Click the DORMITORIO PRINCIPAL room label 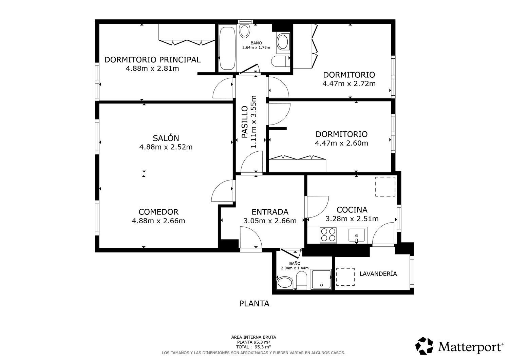click(152, 60)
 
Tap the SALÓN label click(166, 138)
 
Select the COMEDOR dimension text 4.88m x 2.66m click(158, 221)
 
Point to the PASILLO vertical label click(245, 122)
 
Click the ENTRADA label click(270, 212)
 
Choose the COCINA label click(352, 210)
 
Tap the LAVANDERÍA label click(378, 273)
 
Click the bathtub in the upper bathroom click(227, 49)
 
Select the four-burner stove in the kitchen click(328, 235)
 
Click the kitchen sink click(357, 235)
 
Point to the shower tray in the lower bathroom click(321, 279)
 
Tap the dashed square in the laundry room click(345, 277)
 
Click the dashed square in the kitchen click(385, 187)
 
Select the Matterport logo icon click(424, 346)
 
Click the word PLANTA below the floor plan click(254, 304)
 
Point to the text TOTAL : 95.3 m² click(253, 347)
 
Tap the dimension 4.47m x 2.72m click(349, 83)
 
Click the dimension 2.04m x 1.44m click(295, 268)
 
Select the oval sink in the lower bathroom click(285, 283)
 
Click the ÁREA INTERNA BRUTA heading click(253, 337)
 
